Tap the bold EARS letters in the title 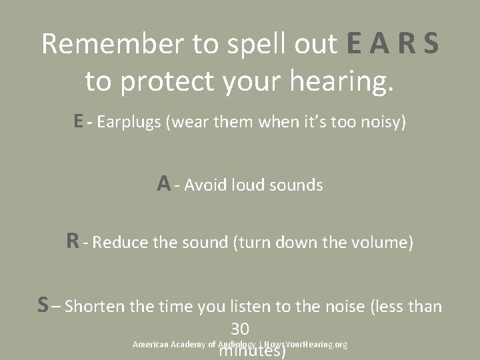(392, 44)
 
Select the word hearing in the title (339, 81)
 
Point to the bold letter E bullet (79, 121)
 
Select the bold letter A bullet (163, 183)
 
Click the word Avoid (205, 185)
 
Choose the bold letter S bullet (43, 305)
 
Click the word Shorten (95, 307)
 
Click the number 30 (240, 329)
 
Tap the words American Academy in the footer (169, 345)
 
